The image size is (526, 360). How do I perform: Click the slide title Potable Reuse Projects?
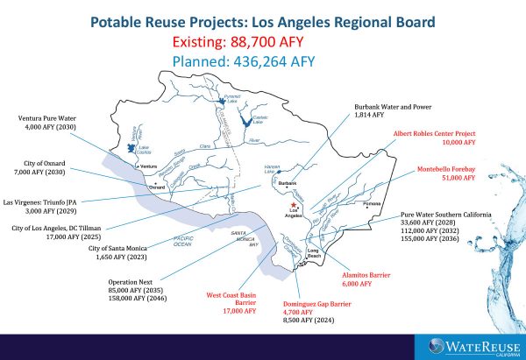(263, 20)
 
